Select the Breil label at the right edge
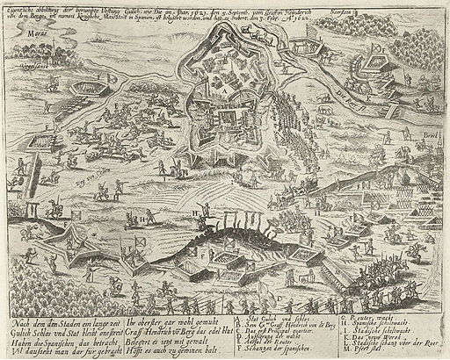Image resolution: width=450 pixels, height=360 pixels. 431,135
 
